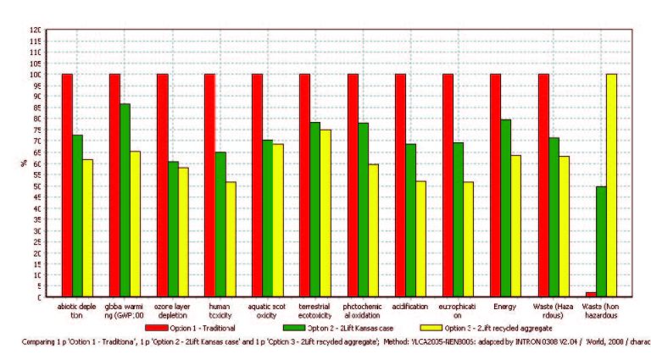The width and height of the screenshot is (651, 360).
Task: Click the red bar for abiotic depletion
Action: tap(67, 186)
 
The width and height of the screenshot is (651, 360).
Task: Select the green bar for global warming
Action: tap(125, 200)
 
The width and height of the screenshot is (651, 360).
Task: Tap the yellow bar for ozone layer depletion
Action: tap(183, 232)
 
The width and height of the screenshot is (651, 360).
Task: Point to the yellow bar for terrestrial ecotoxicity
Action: tap(325, 213)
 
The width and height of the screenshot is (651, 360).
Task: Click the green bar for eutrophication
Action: tap(458, 219)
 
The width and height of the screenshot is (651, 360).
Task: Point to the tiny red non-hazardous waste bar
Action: tap(590, 294)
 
